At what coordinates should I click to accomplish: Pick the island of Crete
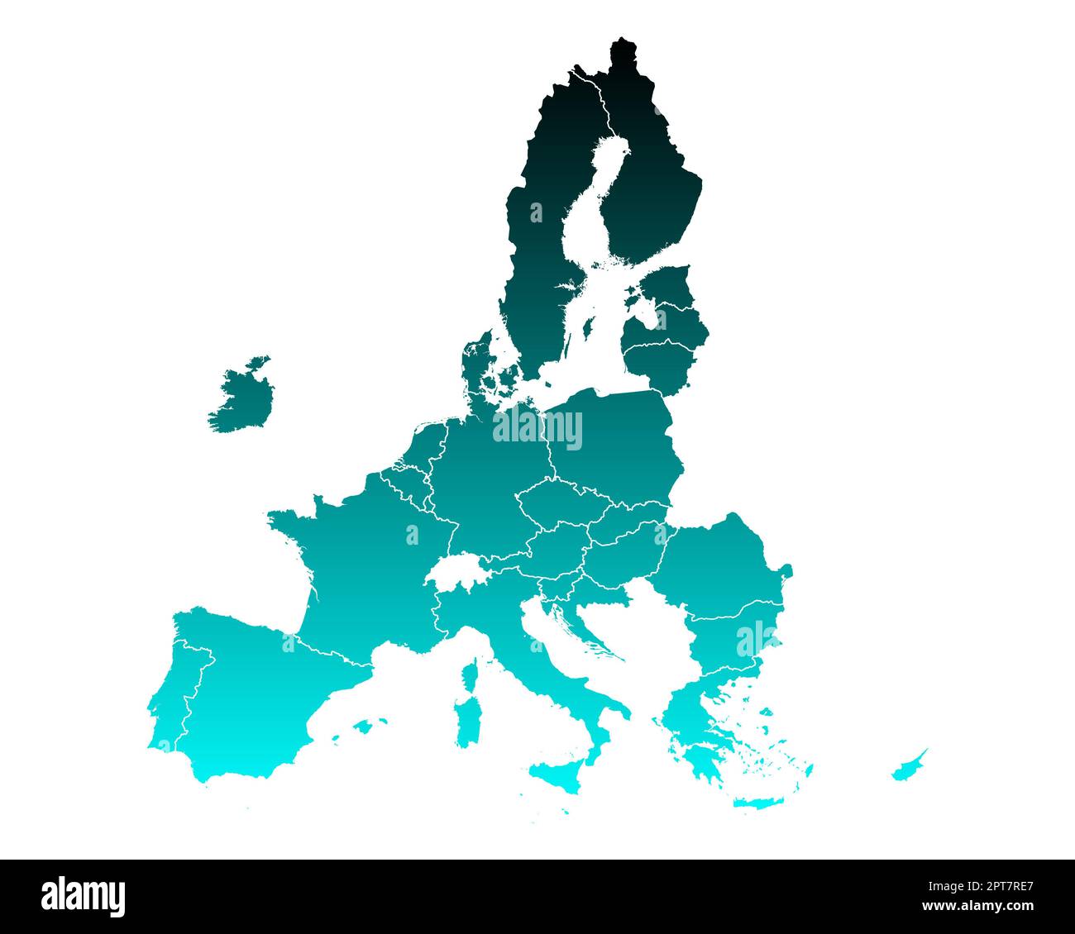[752, 803]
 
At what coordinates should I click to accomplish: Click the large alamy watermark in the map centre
[537, 428]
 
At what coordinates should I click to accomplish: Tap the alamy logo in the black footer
[84, 896]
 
